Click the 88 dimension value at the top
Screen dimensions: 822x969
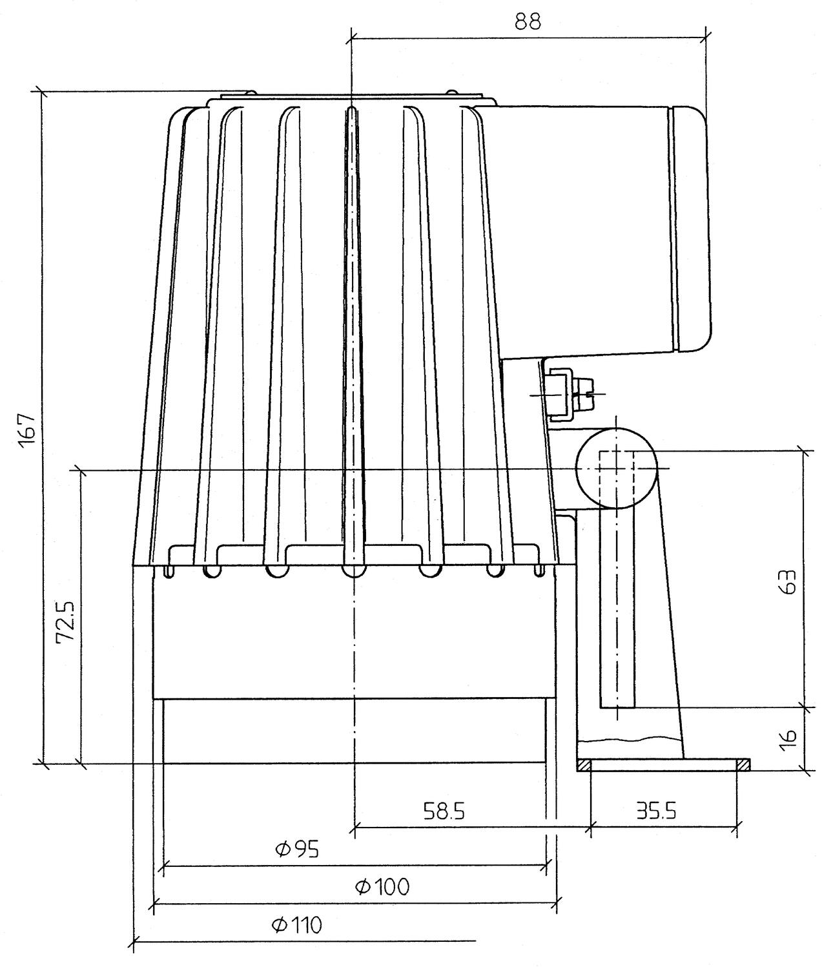[x=528, y=21]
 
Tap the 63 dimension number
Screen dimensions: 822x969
[x=789, y=582]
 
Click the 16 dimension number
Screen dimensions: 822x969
[x=789, y=738]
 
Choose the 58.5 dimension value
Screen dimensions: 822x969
[x=444, y=811]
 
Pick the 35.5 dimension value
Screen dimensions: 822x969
[x=655, y=810]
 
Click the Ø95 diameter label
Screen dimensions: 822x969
[x=296, y=848]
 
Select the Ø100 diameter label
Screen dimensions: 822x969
[x=382, y=886]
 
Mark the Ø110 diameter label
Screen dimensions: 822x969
[x=296, y=925]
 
